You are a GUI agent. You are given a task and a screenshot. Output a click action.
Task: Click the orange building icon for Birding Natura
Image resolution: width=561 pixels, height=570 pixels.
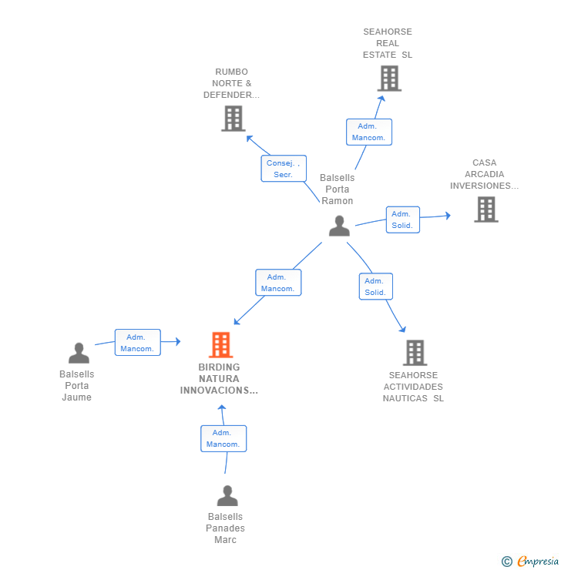[x=220, y=344]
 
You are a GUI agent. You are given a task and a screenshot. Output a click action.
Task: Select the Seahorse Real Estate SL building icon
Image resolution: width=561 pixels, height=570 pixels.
[x=389, y=78]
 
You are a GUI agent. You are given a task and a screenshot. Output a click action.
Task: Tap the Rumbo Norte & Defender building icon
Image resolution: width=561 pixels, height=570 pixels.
[x=233, y=119]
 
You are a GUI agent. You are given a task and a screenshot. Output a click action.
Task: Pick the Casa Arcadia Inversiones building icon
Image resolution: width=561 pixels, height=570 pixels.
[x=486, y=210]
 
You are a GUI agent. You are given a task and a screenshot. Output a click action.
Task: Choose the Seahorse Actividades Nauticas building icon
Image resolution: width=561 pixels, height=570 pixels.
[x=415, y=353]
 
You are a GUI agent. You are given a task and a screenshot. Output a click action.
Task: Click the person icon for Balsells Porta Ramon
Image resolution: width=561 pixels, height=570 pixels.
[x=339, y=226]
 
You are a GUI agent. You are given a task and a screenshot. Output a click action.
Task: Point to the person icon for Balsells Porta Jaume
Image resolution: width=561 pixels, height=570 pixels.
[x=79, y=353]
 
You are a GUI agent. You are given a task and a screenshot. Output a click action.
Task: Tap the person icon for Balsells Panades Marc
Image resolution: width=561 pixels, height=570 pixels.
[x=227, y=495]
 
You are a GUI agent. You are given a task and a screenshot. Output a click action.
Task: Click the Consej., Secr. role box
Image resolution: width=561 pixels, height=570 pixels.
[x=284, y=169]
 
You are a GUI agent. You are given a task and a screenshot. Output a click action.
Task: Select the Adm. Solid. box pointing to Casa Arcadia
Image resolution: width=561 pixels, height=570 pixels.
[x=403, y=220]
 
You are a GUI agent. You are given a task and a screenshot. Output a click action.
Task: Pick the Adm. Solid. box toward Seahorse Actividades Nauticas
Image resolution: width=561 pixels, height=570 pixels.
[x=376, y=287]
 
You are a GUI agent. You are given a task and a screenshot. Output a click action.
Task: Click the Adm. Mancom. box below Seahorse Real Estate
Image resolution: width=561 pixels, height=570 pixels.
[x=369, y=132]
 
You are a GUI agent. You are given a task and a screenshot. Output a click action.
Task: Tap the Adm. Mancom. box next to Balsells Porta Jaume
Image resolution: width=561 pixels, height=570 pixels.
[x=138, y=343]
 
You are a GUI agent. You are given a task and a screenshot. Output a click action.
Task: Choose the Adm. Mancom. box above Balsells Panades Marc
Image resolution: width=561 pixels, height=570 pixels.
[x=223, y=438]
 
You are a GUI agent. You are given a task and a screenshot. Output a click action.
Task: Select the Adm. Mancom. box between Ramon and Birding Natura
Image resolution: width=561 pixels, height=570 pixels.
[x=278, y=283]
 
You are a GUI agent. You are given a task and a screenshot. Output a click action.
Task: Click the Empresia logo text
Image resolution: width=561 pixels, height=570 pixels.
[x=538, y=561]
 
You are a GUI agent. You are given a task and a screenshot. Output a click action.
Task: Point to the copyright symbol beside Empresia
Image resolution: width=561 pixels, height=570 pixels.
[x=507, y=562]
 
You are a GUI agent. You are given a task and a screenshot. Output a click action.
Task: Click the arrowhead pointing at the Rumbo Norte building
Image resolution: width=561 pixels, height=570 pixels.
[x=250, y=138]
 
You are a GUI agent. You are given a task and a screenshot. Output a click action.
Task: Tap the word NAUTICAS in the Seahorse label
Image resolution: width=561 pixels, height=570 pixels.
[x=405, y=398]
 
